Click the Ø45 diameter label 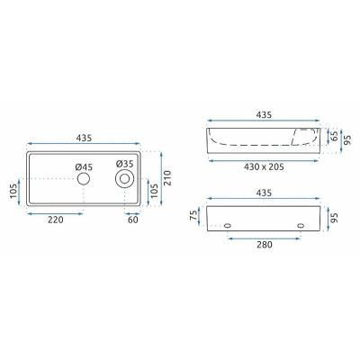[84, 167]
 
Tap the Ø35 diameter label [124, 164]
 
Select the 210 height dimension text [167, 178]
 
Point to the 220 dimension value [56, 220]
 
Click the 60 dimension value [133, 220]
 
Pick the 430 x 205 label [264, 166]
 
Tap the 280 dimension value [265, 245]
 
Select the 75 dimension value [194, 215]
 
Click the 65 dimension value [334, 136]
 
